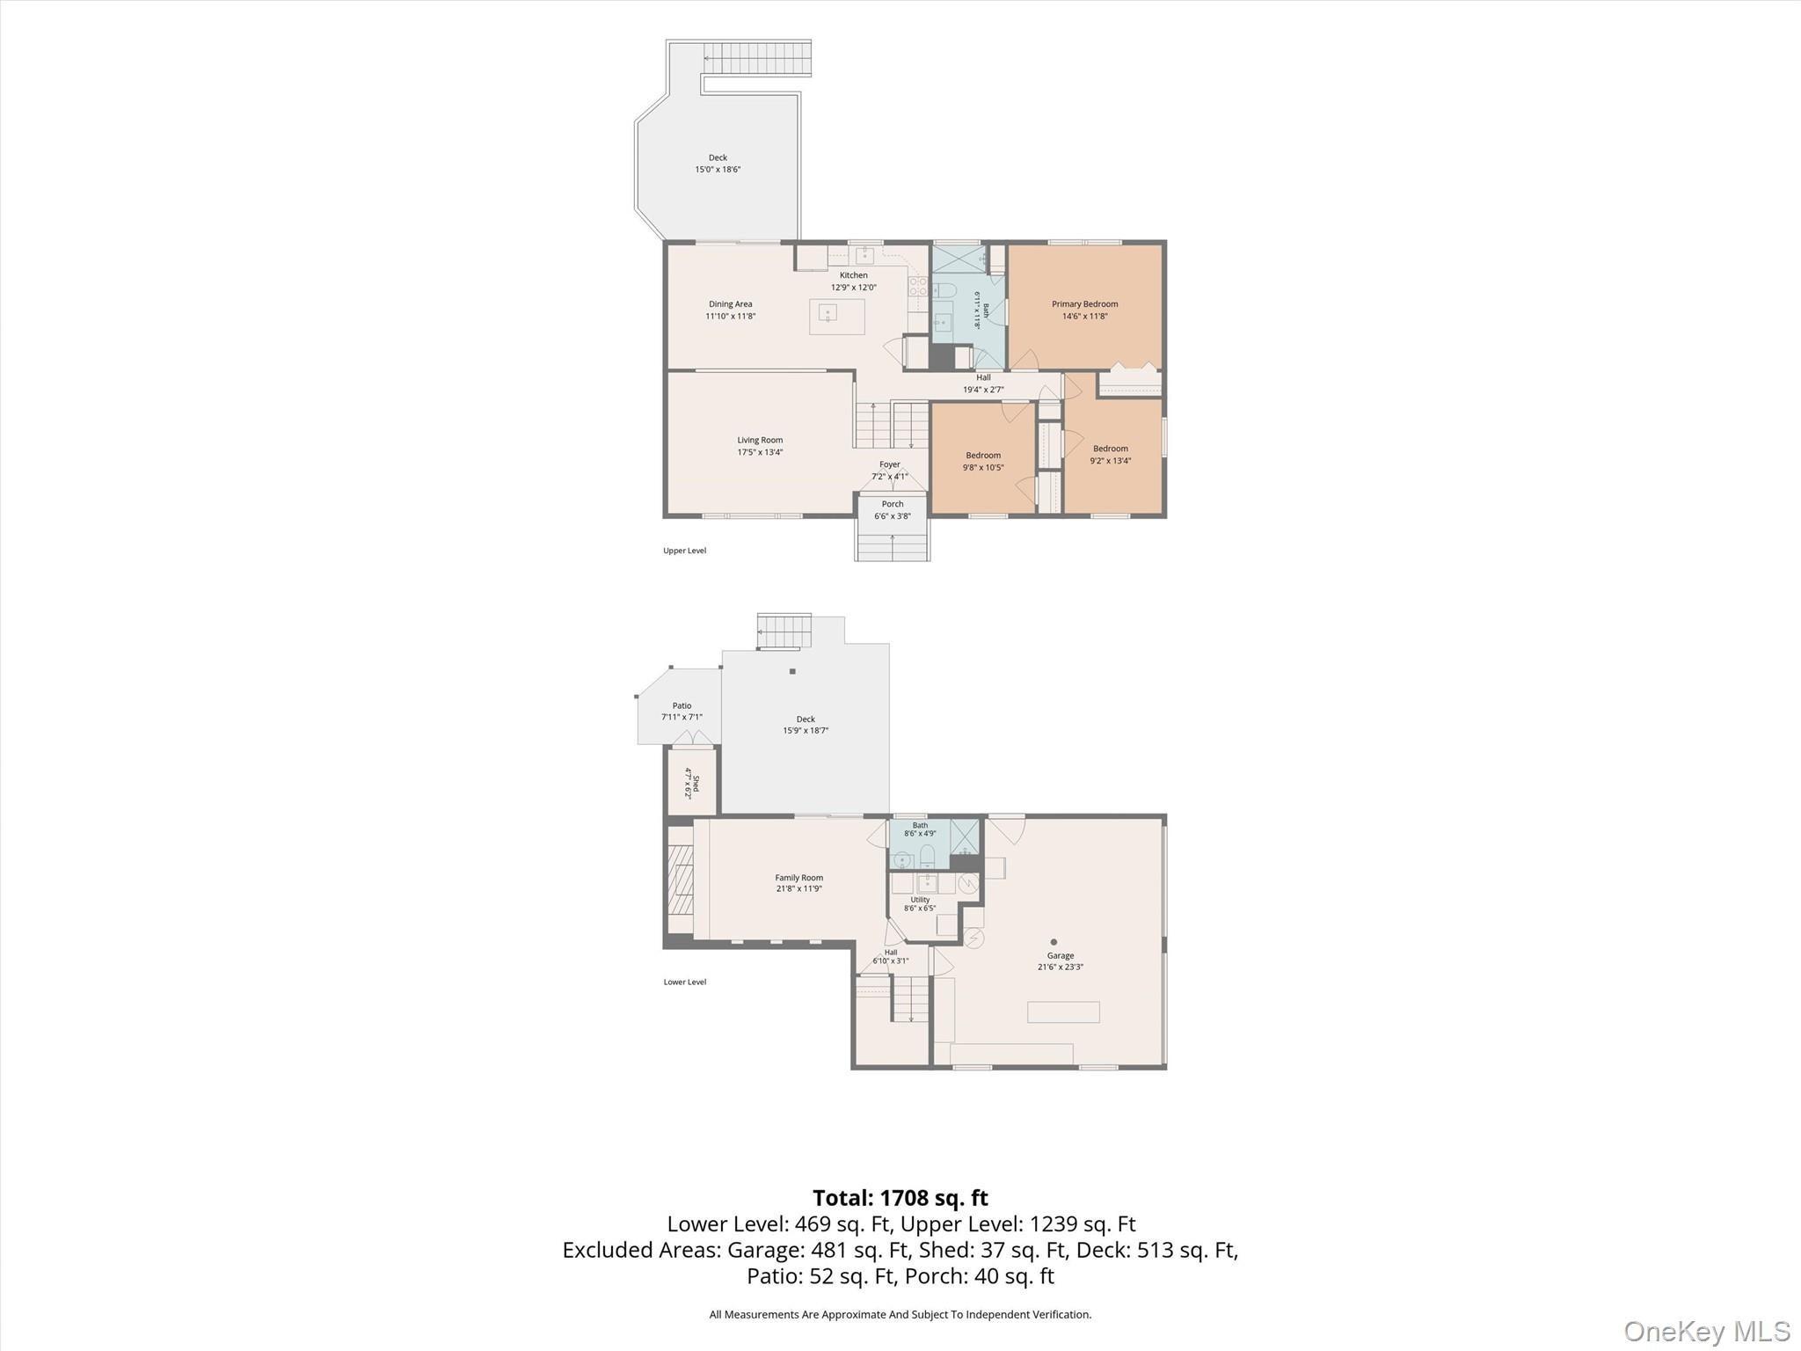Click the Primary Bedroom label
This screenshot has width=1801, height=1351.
click(x=1084, y=304)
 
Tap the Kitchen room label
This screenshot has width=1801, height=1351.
click(x=853, y=275)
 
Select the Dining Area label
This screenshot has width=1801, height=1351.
click(x=730, y=304)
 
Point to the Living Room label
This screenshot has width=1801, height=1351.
click(x=760, y=440)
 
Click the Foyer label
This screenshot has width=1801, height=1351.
click(x=889, y=464)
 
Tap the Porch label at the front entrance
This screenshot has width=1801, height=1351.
click(x=892, y=504)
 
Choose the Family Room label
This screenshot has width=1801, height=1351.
click(x=798, y=877)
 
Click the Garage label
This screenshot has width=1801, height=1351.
click(x=1060, y=955)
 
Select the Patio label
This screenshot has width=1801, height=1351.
click(x=682, y=705)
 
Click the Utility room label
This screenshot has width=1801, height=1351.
click(x=920, y=899)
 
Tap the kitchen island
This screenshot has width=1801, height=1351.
click(x=837, y=317)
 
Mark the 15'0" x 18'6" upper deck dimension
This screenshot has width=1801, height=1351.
click(x=718, y=170)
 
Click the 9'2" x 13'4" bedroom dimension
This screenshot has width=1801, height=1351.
click(x=1111, y=460)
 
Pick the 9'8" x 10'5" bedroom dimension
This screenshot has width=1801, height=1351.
click(x=983, y=467)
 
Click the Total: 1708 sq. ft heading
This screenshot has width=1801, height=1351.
click(x=900, y=1198)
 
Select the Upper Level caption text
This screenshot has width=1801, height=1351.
click(x=684, y=551)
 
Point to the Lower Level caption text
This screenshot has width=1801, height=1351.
click(x=684, y=982)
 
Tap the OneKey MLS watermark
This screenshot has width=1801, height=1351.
click(x=1706, y=1331)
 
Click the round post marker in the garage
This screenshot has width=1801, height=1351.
click(x=1054, y=942)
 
